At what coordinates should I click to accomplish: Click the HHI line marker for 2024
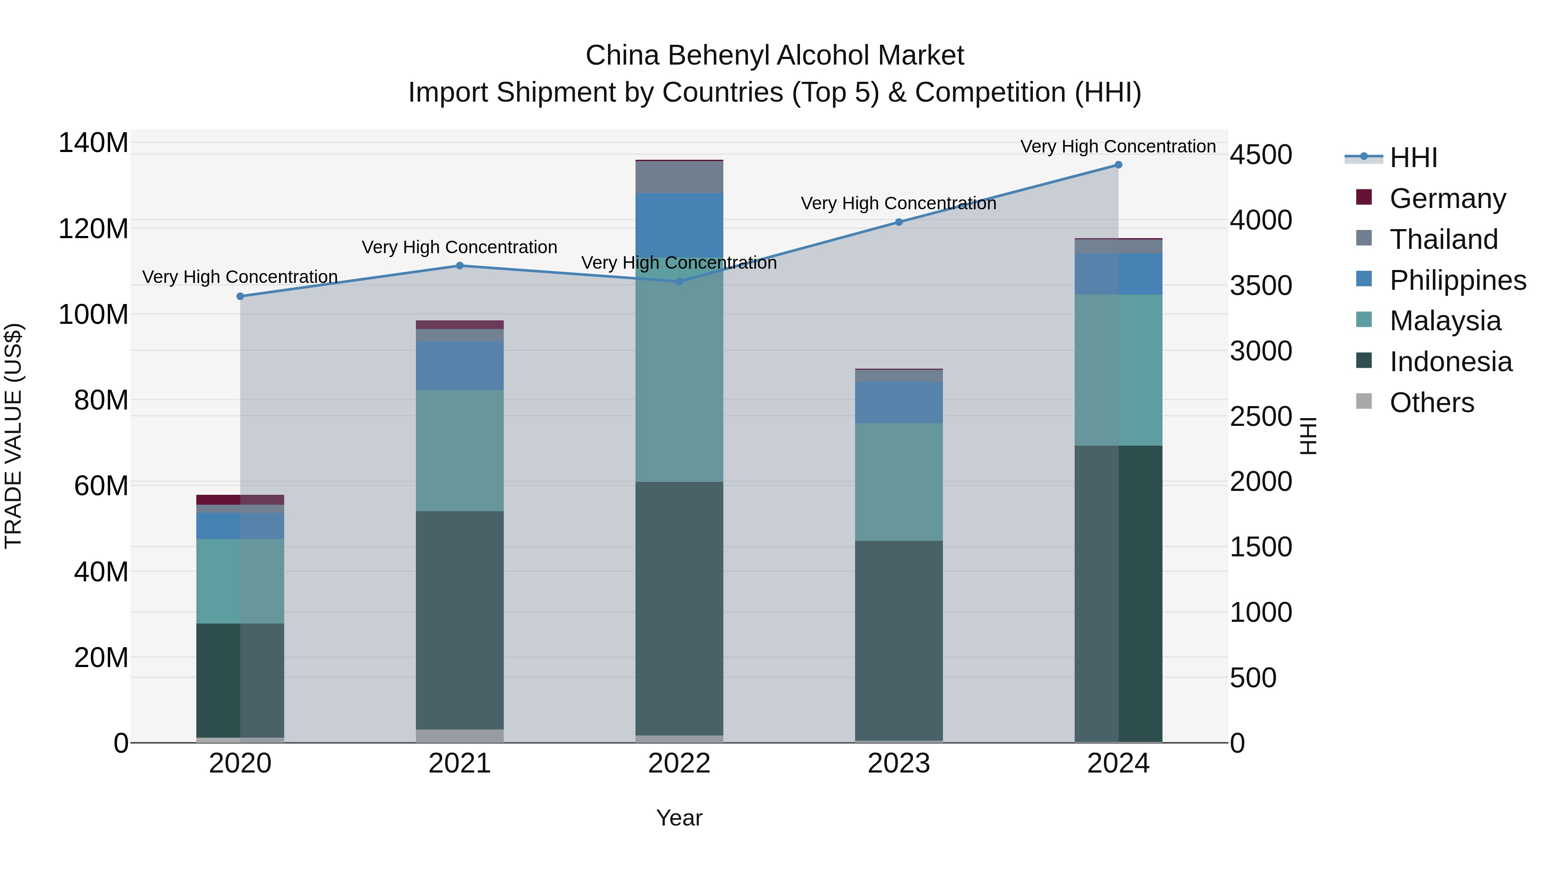pyautogui.click(x=1118, y=165)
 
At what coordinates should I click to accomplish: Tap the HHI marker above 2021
pyautogui.click(x=460, y=265)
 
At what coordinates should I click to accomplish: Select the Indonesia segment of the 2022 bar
pyautogui.click(x=679, y=608)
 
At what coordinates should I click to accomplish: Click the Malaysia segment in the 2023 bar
pyautogui.click(x=899, y=481)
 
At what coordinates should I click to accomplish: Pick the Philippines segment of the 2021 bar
pyautogui.click(x=460, y=365)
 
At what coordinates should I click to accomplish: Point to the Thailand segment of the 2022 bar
pyautogui.click(x=679, y=177)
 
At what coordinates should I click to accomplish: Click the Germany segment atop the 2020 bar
pyautogui.click(x=240, y=500)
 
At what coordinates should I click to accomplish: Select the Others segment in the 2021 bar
pyautogui.click(x=460, y=735)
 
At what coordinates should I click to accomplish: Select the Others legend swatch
pyautogui.click(x=1364, y=401)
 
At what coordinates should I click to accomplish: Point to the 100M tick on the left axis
pyautogui.click(x=93, y=314)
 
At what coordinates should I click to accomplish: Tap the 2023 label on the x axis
pyautogui.click(x=899, y=763)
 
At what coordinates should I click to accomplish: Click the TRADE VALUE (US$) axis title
pyautogui.click(x=13, y=436)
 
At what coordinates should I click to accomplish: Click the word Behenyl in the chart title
pyautogui.click(x=719, y=56)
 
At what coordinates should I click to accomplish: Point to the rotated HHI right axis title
pyautogui.click(x=1308, y=436)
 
